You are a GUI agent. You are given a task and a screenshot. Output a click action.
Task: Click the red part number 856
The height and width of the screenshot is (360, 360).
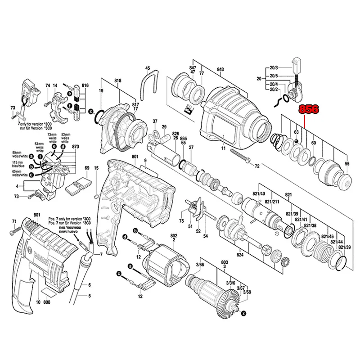[x=309, y=109]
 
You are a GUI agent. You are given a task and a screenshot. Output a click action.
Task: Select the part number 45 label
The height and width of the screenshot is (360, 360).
[x=147, y=68]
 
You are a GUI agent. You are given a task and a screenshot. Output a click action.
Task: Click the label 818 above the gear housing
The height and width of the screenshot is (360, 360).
[x=118, y=81]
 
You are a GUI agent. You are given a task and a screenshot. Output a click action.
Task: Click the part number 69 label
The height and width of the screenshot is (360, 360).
[x=87, y=168]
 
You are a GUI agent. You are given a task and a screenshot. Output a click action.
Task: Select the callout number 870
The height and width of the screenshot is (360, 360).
[x=75, y=147]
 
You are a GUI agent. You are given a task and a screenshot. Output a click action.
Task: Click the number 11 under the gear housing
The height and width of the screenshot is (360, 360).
[x=222, y=148]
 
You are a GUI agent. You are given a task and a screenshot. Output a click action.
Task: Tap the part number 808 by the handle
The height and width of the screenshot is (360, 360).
[x=47, y=303]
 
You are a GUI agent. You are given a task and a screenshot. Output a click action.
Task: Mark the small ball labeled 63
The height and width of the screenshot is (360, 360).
[x=297, y=141]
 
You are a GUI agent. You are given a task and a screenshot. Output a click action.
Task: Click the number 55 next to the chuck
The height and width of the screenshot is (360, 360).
[x=346, y=163]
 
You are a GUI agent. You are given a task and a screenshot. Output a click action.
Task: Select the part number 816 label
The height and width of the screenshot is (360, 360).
[x=85, y=85]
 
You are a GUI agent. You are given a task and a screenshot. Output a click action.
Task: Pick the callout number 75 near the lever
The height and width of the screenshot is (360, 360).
[x=182, y=220]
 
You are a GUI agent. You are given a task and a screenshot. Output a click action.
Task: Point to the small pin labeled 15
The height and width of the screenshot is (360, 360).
[x=96, y=196]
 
